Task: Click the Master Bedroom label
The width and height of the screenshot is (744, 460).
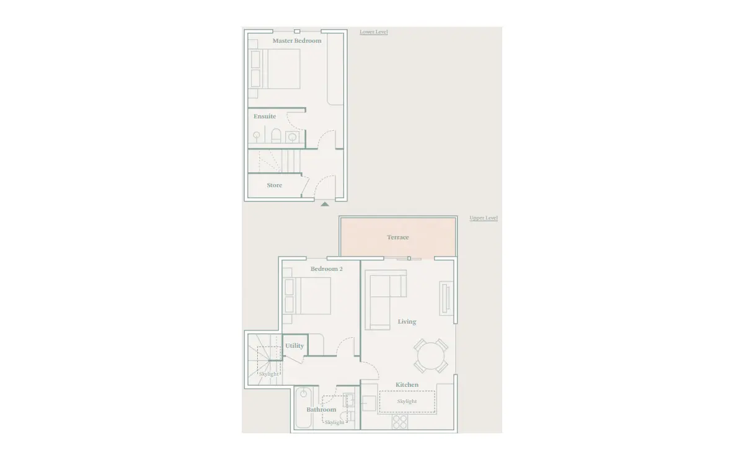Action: click(297, 41)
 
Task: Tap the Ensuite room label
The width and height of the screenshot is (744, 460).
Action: click(265, 117)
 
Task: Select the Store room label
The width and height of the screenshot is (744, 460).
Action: click(274, 185)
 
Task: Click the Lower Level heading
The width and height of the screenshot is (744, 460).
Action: click(374, 32)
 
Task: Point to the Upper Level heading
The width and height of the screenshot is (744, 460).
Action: click(484, 218)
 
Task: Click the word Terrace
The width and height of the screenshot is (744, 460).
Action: click(398, 237)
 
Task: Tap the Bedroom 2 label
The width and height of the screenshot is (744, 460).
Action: click(327, 268)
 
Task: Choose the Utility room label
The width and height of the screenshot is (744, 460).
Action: click(294, 346)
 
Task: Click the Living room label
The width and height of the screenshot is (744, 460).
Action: click(407, 322)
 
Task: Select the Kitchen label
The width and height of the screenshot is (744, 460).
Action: click(407, 384)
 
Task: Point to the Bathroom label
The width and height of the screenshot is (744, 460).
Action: click(321, 410)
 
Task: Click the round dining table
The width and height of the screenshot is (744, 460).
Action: click(431, 356)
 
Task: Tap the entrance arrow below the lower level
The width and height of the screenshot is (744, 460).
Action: click(325, 204)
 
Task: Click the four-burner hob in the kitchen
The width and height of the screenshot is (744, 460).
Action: click(400, 422)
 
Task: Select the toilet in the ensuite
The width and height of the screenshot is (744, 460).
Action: click(276, 136)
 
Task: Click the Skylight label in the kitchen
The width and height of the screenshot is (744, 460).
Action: click(407, 401)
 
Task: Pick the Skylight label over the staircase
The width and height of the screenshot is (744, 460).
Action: click(268, 374)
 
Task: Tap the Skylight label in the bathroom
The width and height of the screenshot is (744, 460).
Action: click(334, 422)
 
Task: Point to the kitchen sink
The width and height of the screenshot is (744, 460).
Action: click(369, 404)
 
